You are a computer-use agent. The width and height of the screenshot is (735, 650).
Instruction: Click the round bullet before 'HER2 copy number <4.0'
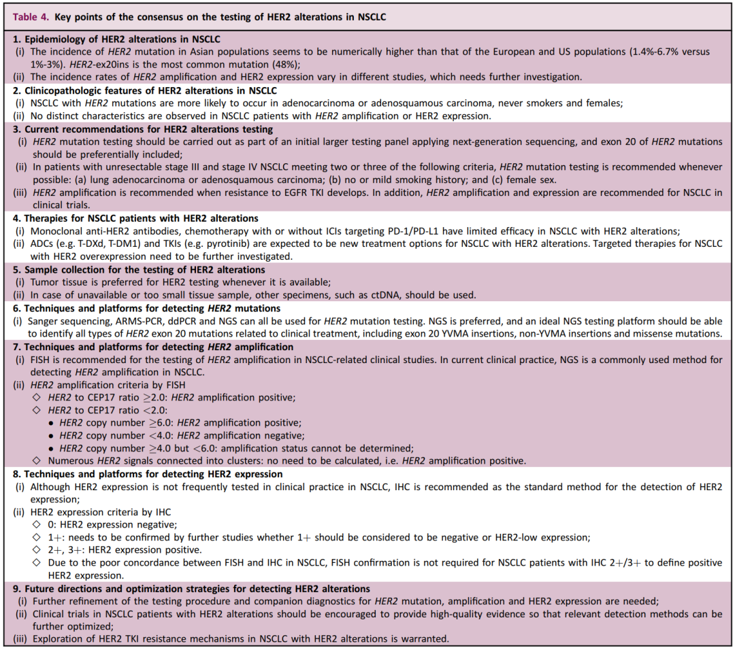pos(50,436)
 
